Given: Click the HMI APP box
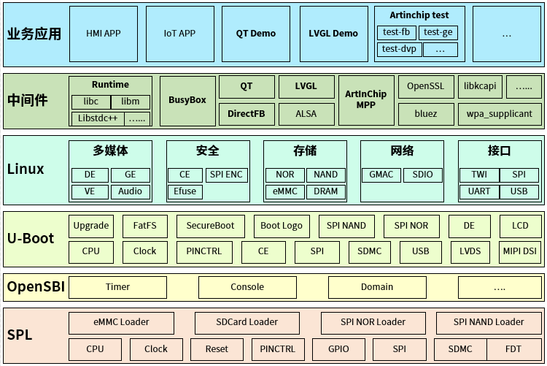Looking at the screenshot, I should (x=103, y=34).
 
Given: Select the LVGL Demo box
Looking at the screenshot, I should (x=333, y=34).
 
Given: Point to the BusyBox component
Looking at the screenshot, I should (x=187, y=100).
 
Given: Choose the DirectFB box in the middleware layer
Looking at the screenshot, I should (x=246, y=113).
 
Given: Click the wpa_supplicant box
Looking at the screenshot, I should (x=500, y=113).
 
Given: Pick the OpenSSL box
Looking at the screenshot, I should (x=425, y=86).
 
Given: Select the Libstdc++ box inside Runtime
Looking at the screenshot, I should (x=96, y=118).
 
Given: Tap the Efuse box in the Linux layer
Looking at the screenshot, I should (x=185, y=191).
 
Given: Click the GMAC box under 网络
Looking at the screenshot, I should (x=381, y=175).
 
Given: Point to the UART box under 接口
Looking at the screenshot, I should (x=478, y=191).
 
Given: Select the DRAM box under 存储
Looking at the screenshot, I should (x=325, y=191).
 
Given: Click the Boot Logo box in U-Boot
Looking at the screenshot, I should (x=281, y=226).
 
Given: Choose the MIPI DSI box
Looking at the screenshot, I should (x=519, y=251).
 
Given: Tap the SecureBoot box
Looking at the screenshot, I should (x=210, y=226).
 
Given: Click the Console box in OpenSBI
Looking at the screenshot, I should (x=247, y=287).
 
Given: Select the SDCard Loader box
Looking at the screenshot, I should (x=247, y=322).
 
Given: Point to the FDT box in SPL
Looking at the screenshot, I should (x=514, y=348).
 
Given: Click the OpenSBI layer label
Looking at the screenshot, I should (x=36, y=287).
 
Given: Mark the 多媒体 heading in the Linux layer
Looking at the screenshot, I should (x=110, y=151).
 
